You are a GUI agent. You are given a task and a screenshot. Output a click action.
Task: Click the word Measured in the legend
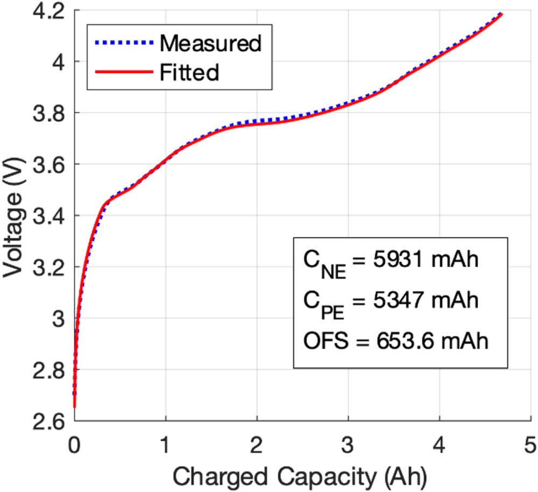(210, 43)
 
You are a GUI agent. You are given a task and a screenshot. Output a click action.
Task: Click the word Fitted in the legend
(189, 72)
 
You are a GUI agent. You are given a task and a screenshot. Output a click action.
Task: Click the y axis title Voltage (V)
(15, 216)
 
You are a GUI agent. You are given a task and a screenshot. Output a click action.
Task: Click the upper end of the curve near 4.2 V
(501, 13)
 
